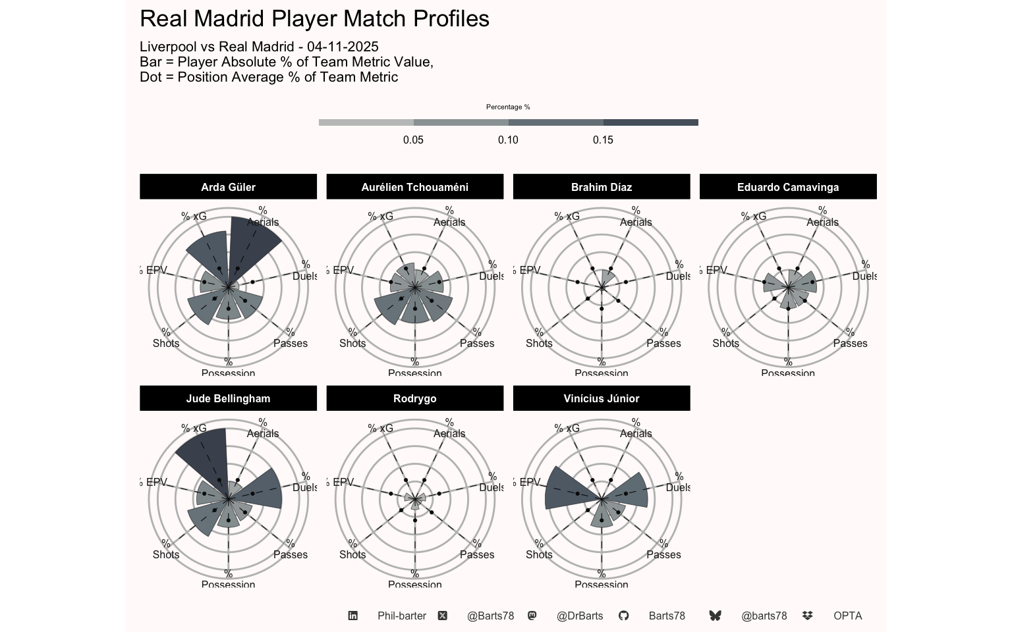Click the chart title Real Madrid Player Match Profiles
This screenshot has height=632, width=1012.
[314, 19]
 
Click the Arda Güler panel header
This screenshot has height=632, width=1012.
[228, 187]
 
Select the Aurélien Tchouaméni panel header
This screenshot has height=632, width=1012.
[414, 187]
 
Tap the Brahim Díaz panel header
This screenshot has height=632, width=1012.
[601, 187]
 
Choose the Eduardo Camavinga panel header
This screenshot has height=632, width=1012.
[787, 187]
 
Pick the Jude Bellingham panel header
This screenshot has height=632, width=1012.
[228, 398]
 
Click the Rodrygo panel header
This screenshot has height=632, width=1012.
[414, 398]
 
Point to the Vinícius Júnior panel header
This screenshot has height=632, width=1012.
[601, 398]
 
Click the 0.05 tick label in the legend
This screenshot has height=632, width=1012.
[413, 140]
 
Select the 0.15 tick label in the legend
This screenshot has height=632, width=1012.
[603, 140]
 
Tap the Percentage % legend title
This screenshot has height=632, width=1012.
[508, 107]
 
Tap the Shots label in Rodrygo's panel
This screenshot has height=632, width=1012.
[352, 555]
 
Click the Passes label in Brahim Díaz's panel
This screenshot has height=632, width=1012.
[663, 344]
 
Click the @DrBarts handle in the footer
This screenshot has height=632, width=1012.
[580, 616]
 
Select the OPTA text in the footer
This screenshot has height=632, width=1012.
[847, 616]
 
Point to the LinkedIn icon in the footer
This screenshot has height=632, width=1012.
[353, 616]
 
